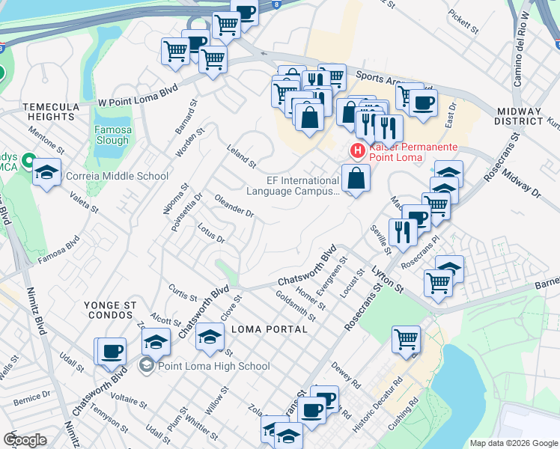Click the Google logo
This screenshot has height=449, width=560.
click(25, 440)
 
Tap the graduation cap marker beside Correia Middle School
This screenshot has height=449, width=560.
click(46, 174)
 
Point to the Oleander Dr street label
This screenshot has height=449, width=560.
click(234, 207)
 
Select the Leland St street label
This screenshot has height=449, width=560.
click(242, 156)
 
